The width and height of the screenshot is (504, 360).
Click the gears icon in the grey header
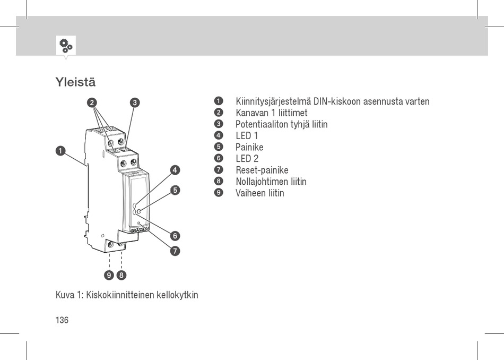tap(66, 45)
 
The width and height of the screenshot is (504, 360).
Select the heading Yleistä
tap(75, 83)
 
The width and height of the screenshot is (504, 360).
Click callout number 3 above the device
tap(135, 102)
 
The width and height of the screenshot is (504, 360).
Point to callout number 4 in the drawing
tap(176, 170)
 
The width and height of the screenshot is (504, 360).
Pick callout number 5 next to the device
tap(176, 190)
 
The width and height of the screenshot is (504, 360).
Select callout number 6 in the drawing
tap(176, 235)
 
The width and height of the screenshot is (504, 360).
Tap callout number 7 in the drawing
tap(176, 251)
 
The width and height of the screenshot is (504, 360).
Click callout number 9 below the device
tap(109, 275)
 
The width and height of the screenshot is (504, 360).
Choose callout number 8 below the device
tap(121, 275)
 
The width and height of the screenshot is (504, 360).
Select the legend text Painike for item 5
tap(249, 147)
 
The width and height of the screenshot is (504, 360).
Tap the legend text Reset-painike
tap(262, 170)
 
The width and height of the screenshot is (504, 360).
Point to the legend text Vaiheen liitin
tap(259, 193)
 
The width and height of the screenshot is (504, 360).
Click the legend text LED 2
tap(247, 159)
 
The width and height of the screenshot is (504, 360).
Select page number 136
tap(62, 320)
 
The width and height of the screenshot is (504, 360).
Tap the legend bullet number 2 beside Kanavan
tap(218, 113)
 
